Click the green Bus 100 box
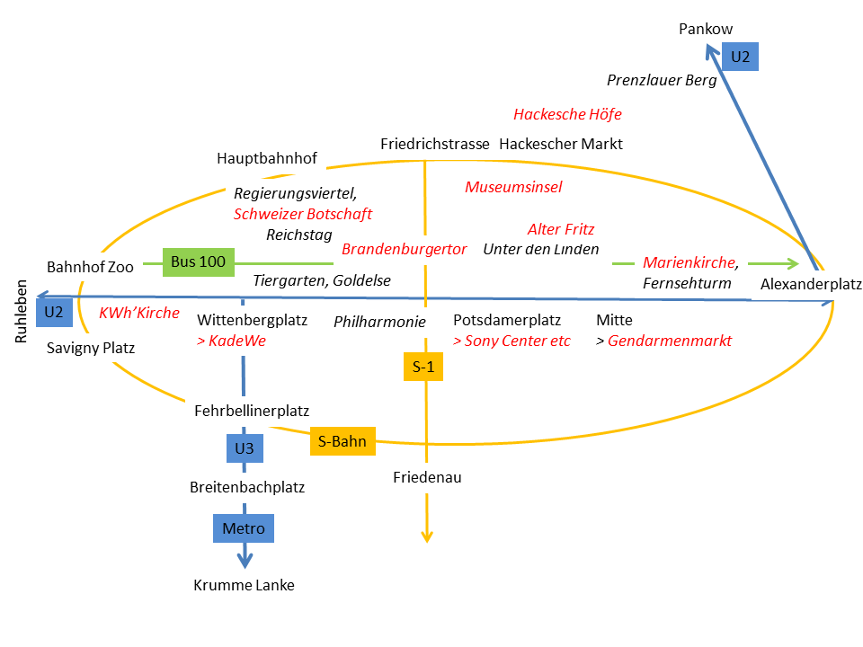[x=198, y=262]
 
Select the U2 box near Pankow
[x=740, y=56]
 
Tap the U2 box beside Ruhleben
[x=54, y=311]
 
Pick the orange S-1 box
[x=423, y=366]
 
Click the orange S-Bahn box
[x=342, y=440]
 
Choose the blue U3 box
[x=244, y=447]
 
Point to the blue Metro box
[x=243, y=527]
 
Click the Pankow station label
[x=706, y=30]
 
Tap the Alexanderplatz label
[x=811, y=285]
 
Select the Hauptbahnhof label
[x=267, y=158]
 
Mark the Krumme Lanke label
[x=244, y=585]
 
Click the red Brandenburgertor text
[x=404, y=249]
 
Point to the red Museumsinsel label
[x=513, y=187]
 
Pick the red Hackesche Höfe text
[x=567, y=114]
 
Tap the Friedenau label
[x=427, y=477]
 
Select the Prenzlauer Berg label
[x=662, y=80]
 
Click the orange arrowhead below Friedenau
[x=427, y=536]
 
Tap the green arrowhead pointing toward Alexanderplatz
[x=792, y=263]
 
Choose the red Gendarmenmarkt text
[x=670, y=341]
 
